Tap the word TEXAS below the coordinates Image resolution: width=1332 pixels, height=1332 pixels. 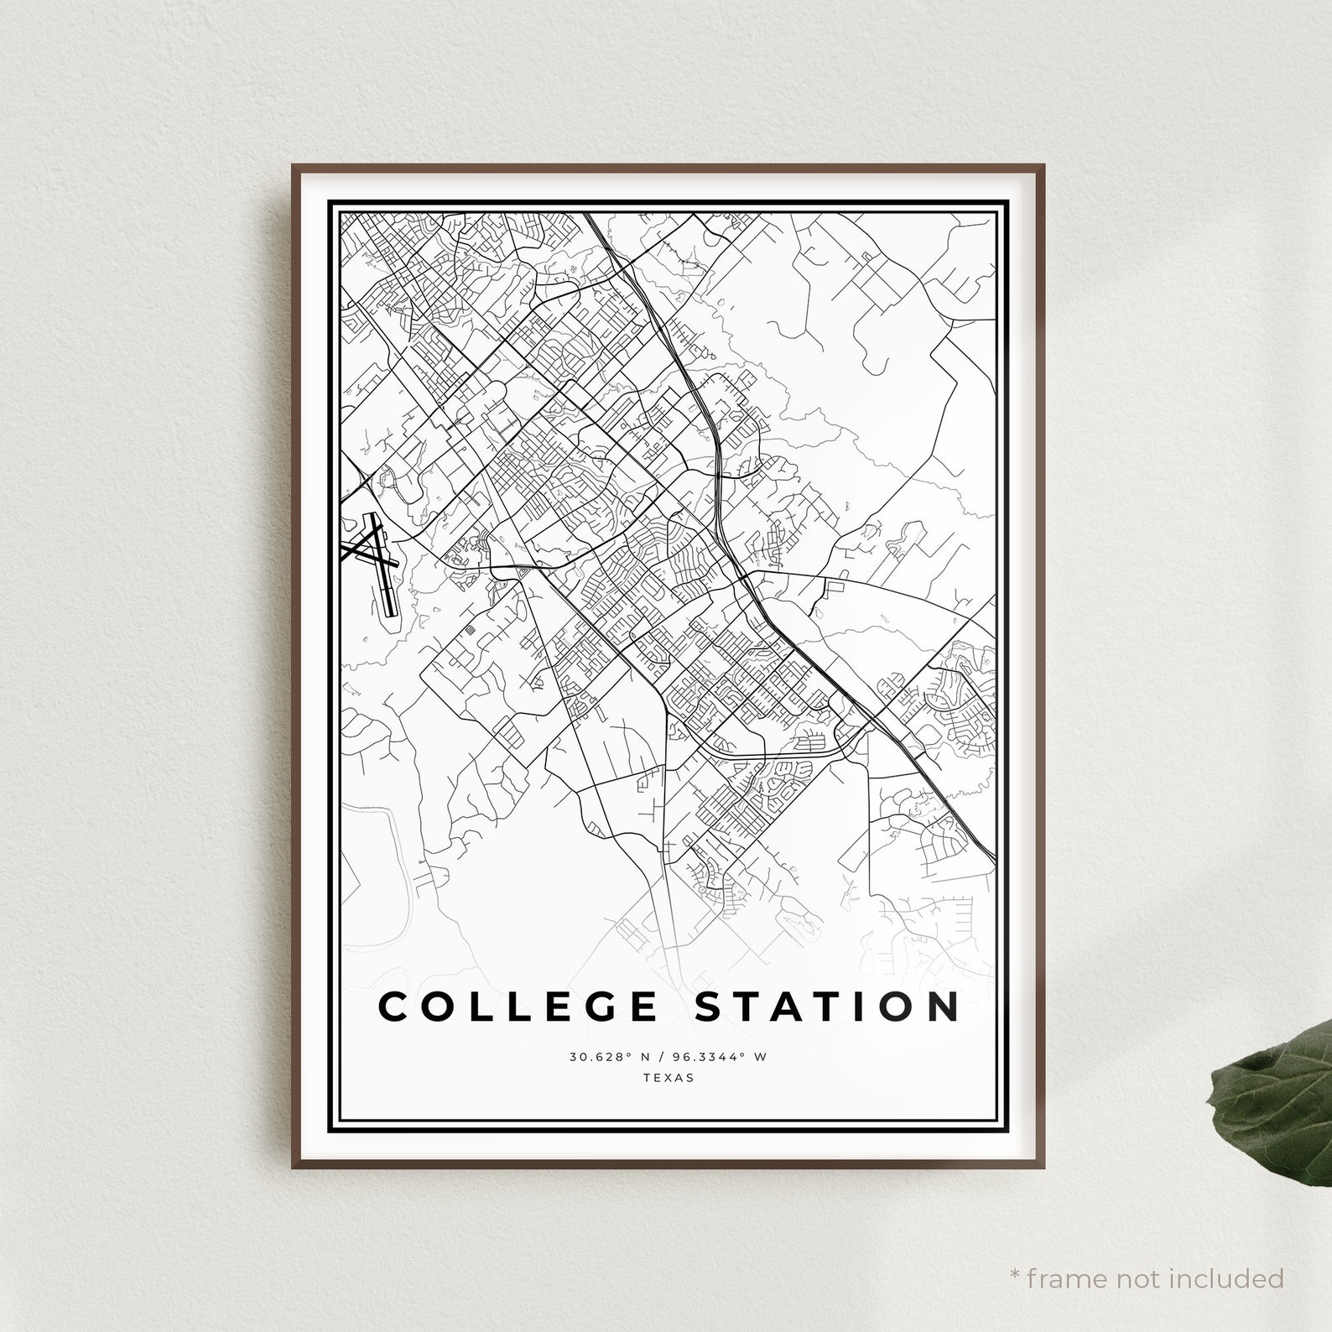pos(669,1078)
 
